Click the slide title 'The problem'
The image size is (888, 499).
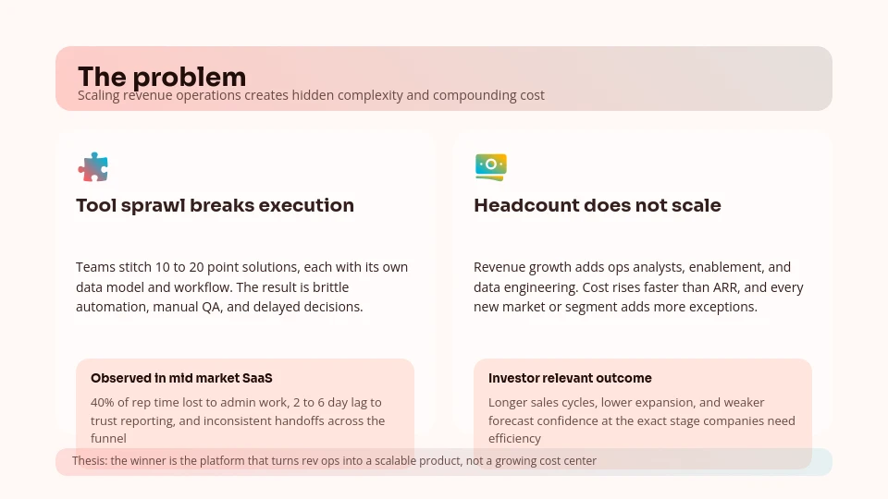click(162, 76)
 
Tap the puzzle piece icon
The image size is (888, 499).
click(92, 167)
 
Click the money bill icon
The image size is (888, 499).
click(490, 166)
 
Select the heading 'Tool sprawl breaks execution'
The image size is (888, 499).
click(215, 205)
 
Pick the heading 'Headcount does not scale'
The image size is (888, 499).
click(597, 205)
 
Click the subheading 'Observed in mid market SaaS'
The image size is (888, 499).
click(181, 378)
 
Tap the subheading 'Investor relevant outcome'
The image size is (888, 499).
click(570, 378)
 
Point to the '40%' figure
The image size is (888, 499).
click(103, 403)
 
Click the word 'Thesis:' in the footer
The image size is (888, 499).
click(90, 461)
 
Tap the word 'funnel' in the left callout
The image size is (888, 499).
click(108, 439)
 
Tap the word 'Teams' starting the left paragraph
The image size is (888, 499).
click(94, 267)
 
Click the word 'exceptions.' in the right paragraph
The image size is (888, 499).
click(721, 307)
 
